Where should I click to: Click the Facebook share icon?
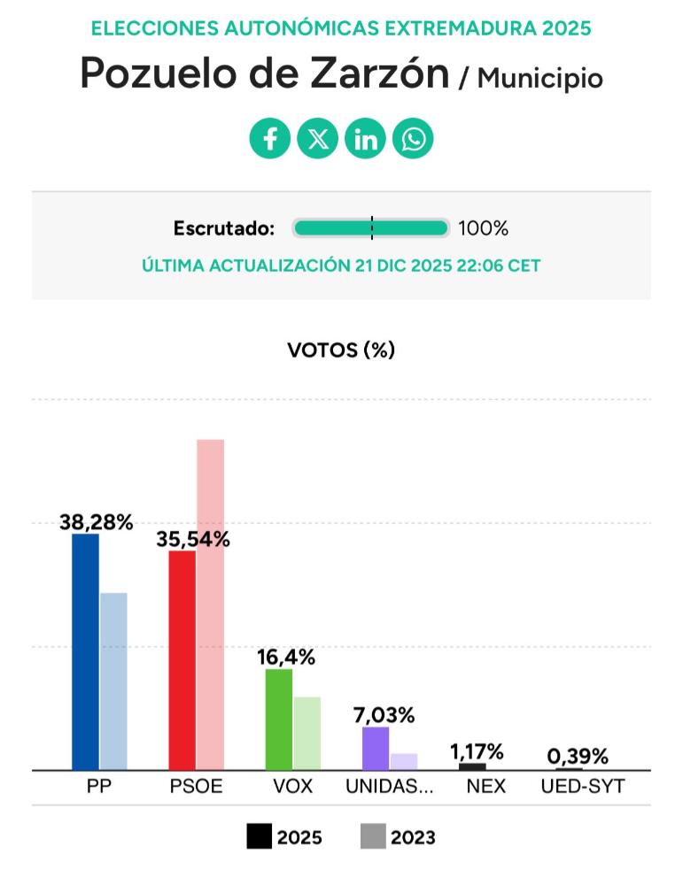[x=270, y=139]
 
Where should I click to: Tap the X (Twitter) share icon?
[x=317, y=139]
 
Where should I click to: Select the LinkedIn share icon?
[x=365, y=139]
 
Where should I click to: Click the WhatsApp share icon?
[x=413, y=139]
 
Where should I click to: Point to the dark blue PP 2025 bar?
[x=85, y=652]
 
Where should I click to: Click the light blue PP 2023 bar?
[x=113, y=681]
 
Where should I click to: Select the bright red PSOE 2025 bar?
[x=182, y=660]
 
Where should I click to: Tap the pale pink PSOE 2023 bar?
[x=210, y=604]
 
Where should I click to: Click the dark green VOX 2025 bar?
[x=279, y=720]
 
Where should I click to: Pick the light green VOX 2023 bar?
[x=307, y=734]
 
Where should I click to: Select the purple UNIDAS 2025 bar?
[x=376, y=749]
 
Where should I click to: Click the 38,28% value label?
[x=97, y=522]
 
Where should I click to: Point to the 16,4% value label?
[x=286, y=658]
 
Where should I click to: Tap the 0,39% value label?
[x=578, y=757]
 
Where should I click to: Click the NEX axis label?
[x=485, y=786]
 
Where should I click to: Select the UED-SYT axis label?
[x=582, y=786]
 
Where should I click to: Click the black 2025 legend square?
[x=259, y=836]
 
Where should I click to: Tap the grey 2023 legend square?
[x=373, y=836]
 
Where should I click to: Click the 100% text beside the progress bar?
[x=483, y=228]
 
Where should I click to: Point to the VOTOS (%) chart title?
[x=341, y=350]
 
